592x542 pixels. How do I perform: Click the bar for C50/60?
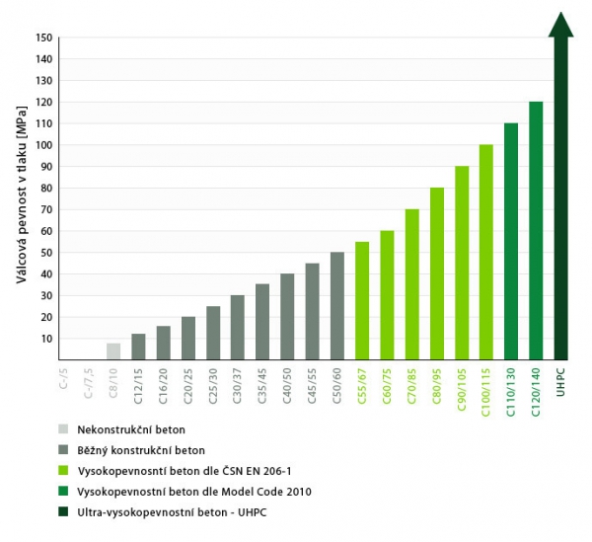(337, 306)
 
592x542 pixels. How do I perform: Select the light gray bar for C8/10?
(113, 351)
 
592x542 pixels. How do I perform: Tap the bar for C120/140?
(536, 231)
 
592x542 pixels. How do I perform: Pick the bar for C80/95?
(437, 273)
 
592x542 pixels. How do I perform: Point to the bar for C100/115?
(486, 252)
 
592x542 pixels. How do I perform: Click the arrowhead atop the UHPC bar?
(561, 26)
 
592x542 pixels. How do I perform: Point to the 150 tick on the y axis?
(42, 38)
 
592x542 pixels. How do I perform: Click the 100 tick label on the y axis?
(42, 145)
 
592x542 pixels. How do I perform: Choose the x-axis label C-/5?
(65, 378)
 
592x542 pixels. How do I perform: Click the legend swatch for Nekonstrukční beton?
(63, 429)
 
